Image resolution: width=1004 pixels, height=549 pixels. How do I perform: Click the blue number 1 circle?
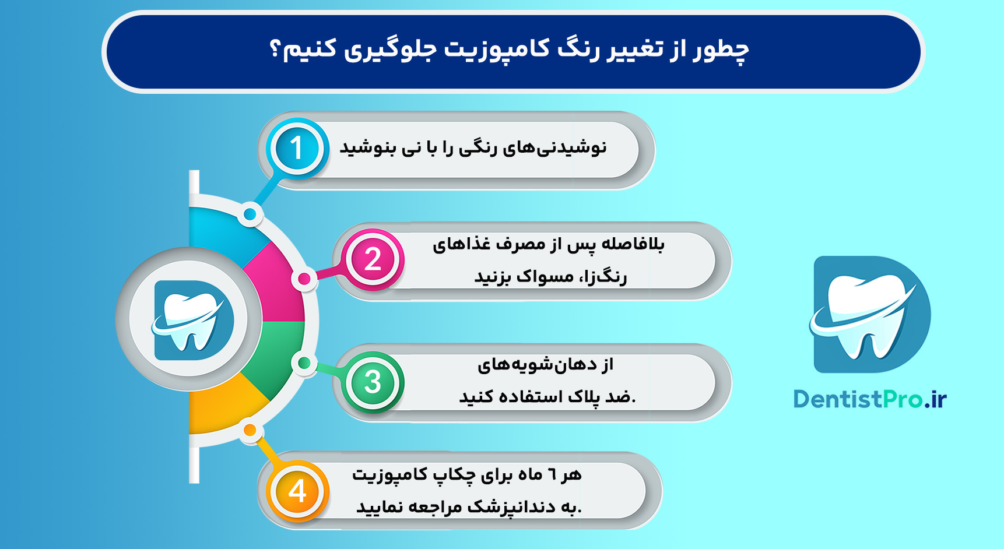point(297,148)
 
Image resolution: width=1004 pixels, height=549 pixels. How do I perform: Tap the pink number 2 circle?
point(373,259)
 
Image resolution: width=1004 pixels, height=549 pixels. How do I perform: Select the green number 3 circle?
point(373,382)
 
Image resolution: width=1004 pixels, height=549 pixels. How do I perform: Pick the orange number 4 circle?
point(297,491)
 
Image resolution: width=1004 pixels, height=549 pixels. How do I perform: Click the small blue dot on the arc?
point(250,214)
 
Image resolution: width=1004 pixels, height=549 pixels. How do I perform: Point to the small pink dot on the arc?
point(304,279)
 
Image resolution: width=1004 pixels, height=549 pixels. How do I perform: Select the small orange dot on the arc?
point(250,431)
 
